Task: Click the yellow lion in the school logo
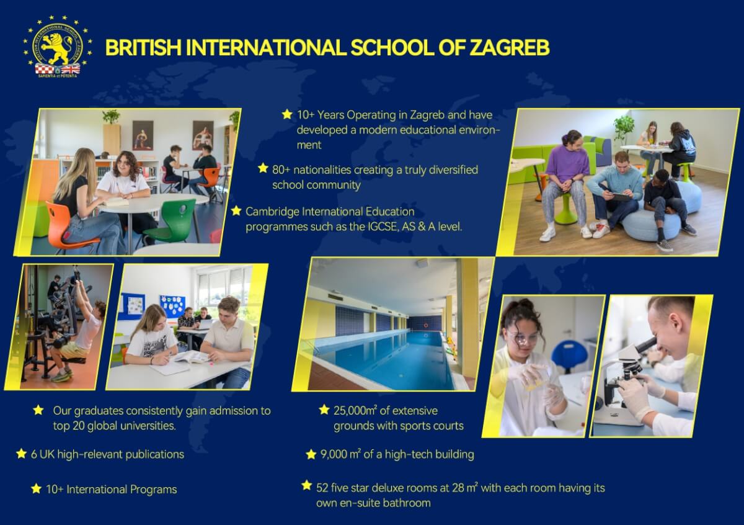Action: click(56, 47)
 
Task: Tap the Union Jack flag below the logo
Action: click(71, 69)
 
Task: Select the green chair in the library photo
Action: click(174, 221)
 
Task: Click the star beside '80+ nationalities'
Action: click(263, 168)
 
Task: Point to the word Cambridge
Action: click(272, 212)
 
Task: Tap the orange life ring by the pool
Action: click(426, 325)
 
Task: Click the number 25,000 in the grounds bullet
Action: click(349, 411)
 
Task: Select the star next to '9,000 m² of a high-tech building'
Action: click(311, 454)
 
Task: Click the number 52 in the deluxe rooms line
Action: click(322, 488)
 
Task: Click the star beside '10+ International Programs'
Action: click(36, 489)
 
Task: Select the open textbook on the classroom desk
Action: click(192, 357)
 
